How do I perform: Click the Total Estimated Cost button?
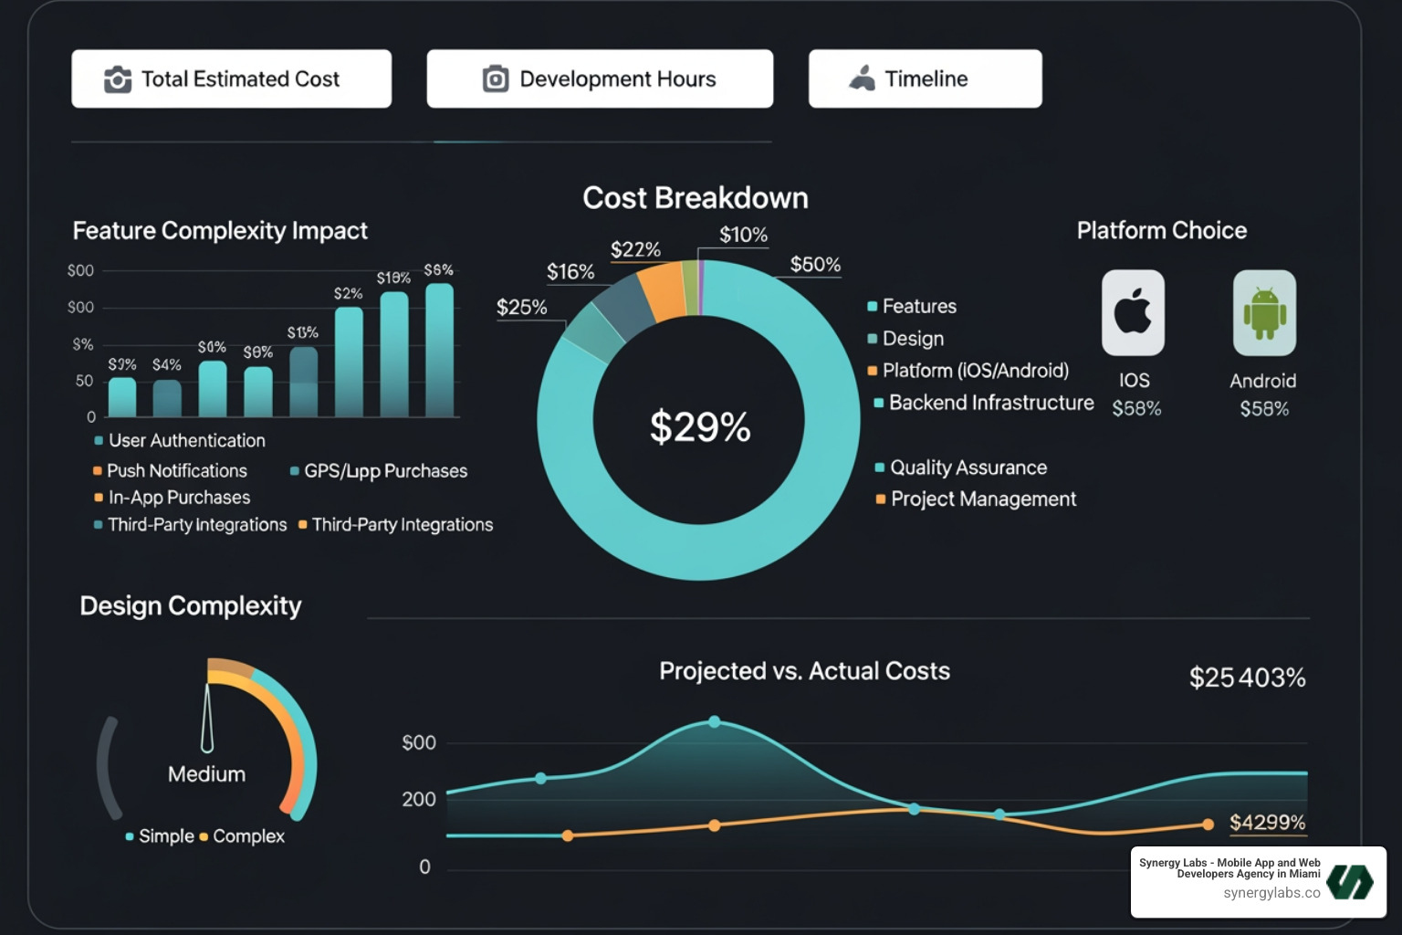[x=231, y=79]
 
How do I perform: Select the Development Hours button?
[x=600, y=79]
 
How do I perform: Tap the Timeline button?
[x=925, y=79]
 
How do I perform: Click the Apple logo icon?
[x=1133, y=312]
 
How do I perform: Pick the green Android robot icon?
[x=1264, y=312]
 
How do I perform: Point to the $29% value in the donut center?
[x=699, y=426]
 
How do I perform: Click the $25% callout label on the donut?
[x=521, y=307]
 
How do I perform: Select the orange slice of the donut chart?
[x=662, y=289]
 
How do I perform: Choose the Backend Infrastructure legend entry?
[x=990, y=403]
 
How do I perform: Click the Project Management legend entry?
[x=982, y=499]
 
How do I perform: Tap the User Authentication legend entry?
[x=186, y=441]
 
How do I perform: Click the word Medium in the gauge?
[x=206, y=774]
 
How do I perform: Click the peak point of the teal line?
[x=714, y=721]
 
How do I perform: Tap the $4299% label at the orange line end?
[x=1267, y=823]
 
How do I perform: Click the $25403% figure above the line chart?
[x=1247, y=678]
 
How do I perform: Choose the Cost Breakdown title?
[x=695, y=198]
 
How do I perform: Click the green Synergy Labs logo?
[x=1349, y=882]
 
